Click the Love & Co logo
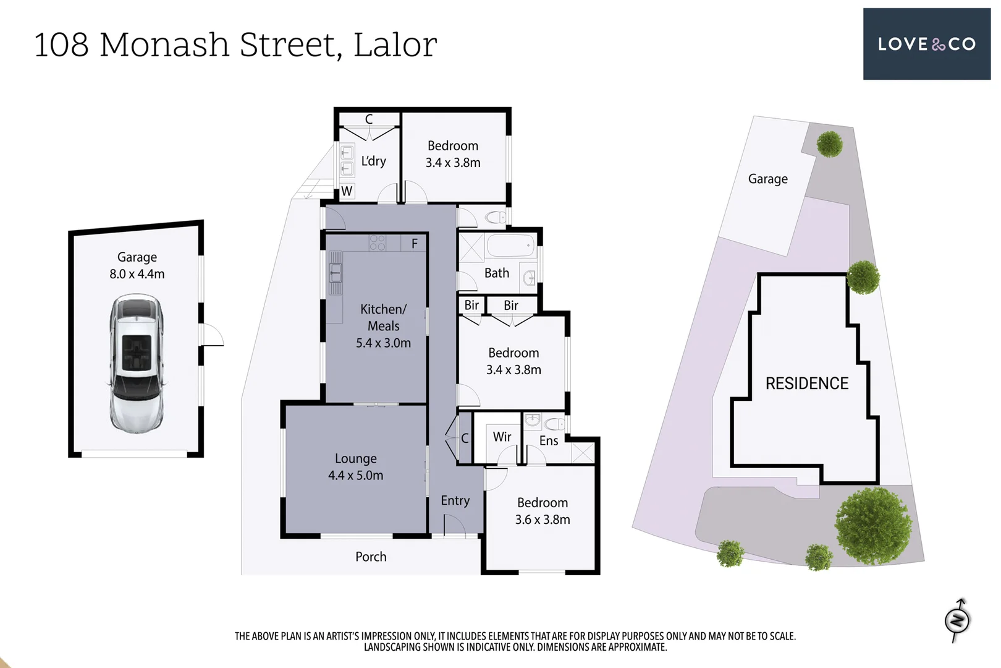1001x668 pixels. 926,44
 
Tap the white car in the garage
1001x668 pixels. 137,363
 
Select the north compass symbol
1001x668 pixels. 957,620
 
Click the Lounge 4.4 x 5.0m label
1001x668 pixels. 355,467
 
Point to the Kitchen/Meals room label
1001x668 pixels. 383,325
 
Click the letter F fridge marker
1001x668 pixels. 415,244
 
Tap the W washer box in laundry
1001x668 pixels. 347,191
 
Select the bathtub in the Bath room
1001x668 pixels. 510,246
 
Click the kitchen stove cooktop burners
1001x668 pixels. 377,242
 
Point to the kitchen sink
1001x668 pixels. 335,273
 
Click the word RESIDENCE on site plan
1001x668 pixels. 806,383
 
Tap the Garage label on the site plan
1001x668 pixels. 767,179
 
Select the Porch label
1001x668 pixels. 371,557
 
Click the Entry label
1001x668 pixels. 455,500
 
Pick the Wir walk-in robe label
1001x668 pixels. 502,437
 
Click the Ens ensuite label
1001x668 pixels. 549,440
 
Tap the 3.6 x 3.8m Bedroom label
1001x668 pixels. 543,511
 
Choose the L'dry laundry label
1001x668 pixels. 373,161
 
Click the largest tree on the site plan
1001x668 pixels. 873,526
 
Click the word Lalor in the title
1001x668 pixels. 395,45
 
